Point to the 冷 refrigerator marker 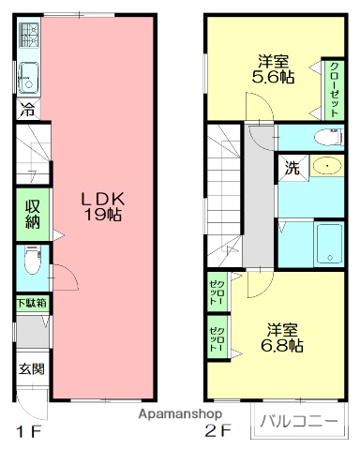click(27, 110)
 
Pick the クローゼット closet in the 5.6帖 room click(335, 87)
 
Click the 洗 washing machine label click(292, 169)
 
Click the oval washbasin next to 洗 click(325, 167)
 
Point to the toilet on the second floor click(327, 137)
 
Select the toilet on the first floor click(29, 258)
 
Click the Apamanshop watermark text click(180, 413)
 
